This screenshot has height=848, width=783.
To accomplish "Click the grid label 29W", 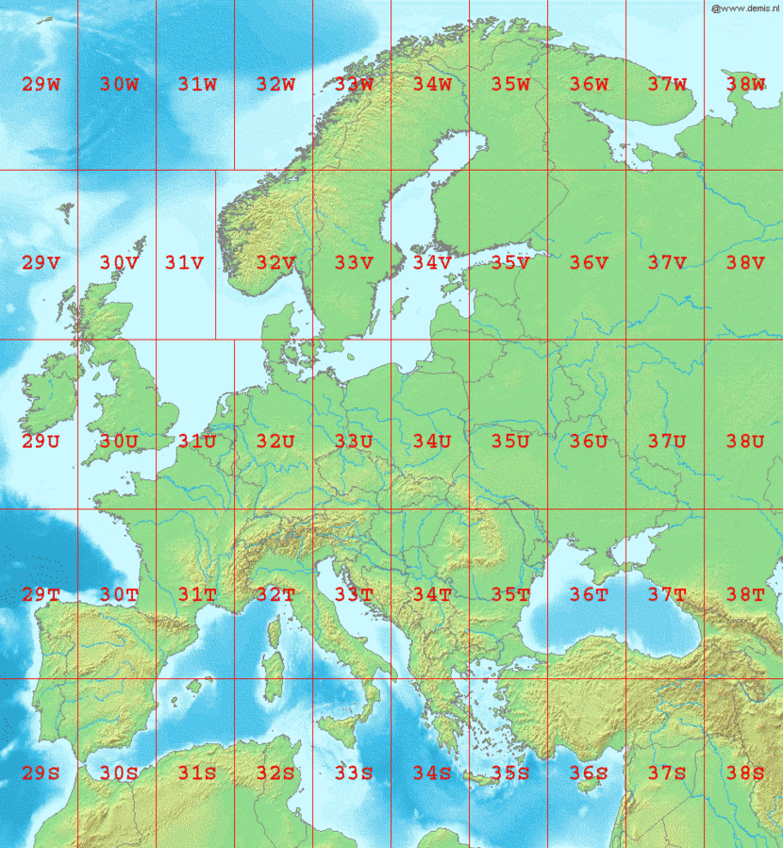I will tap(41, 85).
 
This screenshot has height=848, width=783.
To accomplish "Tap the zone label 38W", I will tap(745, 85).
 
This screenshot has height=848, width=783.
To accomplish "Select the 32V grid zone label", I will tap(275, 263).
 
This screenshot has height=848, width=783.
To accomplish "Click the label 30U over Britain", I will tap(119, 441).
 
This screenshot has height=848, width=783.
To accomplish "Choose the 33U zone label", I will tap(353, 441).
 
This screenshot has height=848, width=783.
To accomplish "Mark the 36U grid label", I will tap(588, 441).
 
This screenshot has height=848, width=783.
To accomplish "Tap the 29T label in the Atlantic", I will tap(41, 595).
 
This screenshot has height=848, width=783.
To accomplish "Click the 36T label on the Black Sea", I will tap(588, 595).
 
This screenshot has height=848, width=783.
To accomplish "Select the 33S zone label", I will tap(353, 773).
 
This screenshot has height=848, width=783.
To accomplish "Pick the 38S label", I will tap(745, 773).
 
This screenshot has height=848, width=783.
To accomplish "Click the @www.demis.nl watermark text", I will tap(745, 8).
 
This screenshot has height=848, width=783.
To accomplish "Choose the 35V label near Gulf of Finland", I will tap(509, 263).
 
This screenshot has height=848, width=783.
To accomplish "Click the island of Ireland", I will tap(49, 401).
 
